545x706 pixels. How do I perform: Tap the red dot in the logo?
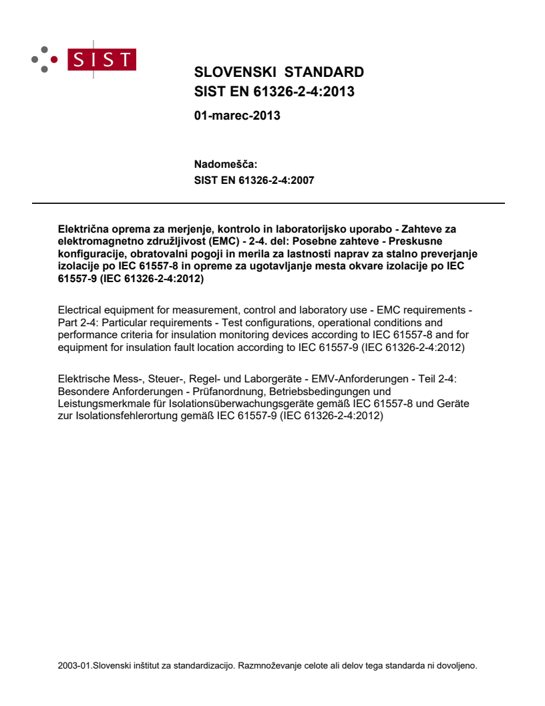click(55, 59)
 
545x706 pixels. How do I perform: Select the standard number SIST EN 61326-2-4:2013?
click(274, 92)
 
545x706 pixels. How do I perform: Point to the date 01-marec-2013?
click(237, 116)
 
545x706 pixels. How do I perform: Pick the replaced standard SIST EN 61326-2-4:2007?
click(254, 180)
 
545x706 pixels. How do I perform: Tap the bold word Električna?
click(83, 229)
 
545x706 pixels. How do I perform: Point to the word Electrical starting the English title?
click(79, 310)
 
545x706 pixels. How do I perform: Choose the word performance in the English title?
click(87, 338)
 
